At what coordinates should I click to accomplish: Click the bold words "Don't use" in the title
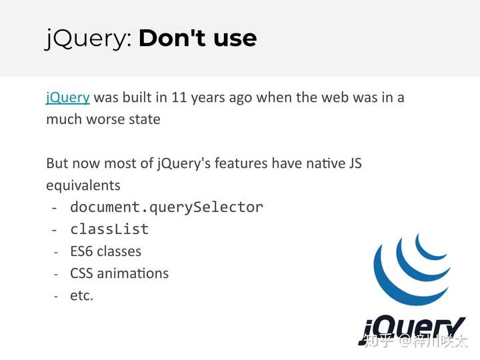[x=197, y=38]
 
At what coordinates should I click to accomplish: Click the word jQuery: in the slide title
[x=89, y=39]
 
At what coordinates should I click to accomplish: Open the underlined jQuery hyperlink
[x=67, y=98]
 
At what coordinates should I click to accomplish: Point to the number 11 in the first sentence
[x=179, y=97]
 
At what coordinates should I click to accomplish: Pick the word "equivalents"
[x=83, y=185]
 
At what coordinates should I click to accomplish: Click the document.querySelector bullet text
[x=167, y=207]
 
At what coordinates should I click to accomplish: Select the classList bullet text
[x=109, y=229]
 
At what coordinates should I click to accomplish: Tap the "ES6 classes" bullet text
[x=105, y=251]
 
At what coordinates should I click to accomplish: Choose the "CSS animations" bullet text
[x=119, y=273]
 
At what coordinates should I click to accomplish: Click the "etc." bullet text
[x=81, y=296]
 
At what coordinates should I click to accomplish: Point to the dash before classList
[x=55, y=230]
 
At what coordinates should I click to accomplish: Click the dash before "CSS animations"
[x=56, y=274]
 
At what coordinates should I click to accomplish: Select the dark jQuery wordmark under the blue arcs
[x=412, y=331]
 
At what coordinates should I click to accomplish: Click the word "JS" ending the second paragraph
[x=355, y=163]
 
